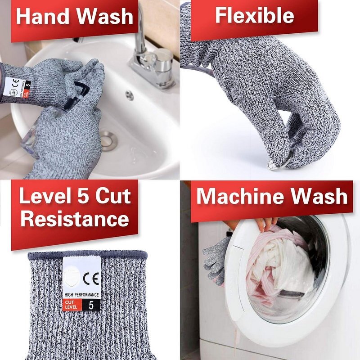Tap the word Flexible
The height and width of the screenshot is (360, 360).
[254, 15]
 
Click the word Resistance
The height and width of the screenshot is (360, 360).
[75, 220]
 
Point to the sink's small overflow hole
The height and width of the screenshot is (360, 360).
[130, 95]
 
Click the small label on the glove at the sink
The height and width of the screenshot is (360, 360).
[20, 85]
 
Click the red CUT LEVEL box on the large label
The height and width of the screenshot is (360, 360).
[72, 305]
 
